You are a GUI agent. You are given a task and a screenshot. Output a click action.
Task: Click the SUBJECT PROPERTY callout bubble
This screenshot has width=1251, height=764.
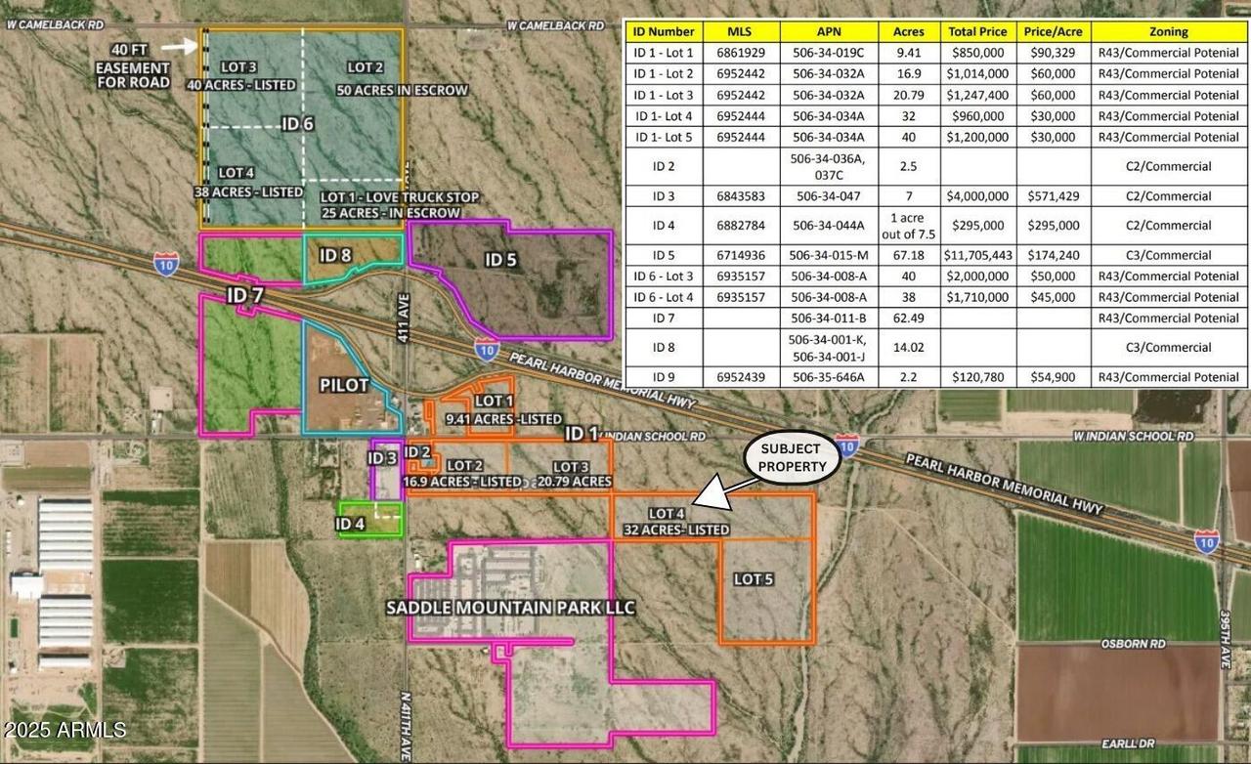click(x=793, y=459)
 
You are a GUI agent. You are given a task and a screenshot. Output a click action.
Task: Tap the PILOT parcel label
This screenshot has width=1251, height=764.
click(x=344, y=385)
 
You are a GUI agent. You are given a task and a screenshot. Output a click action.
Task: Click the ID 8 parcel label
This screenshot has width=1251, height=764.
click(x=335, y=255)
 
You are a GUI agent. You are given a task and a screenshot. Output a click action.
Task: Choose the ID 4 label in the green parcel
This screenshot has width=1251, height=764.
click(x=350, y=524)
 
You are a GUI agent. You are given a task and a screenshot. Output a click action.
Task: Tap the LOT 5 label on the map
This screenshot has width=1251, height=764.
click(x=754, y=579)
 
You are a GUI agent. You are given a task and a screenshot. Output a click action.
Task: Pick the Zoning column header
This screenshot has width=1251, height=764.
click(x=1168, y=31)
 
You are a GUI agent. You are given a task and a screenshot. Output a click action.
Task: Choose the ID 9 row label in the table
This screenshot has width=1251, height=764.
click(x=664, y=377)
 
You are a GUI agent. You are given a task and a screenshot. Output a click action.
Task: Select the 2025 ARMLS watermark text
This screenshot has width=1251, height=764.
click(x=65, y=730)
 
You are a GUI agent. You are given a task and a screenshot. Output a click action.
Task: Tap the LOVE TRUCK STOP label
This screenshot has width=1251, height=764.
click(x=401, y=197)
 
